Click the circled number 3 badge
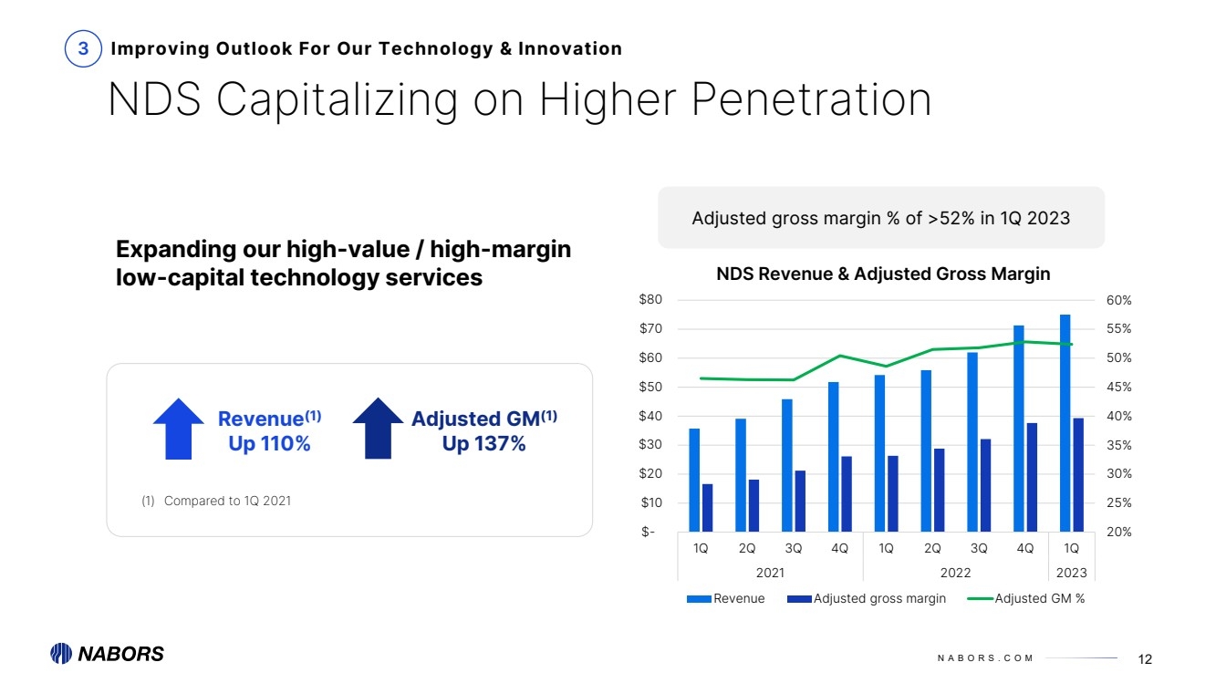[x=83, y=49]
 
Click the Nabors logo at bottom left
[x=107, y=654]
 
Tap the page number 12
[x=1146, y=659]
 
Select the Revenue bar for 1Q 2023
[x=1065, y=423]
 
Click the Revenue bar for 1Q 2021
[x=694, y=480]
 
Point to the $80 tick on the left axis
[x=650, y=300]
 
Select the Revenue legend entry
[x=726, y=599]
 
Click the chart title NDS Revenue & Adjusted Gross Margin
[x=883, y=274]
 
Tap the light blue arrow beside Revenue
[x=179, y=429]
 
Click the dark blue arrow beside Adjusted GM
[x=378, y=429]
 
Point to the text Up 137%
[x=483, y=444]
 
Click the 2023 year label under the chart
[x=1071, y=573]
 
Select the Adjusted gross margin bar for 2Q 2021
[x=754, y=505]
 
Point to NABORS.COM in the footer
[x=985, y=659]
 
